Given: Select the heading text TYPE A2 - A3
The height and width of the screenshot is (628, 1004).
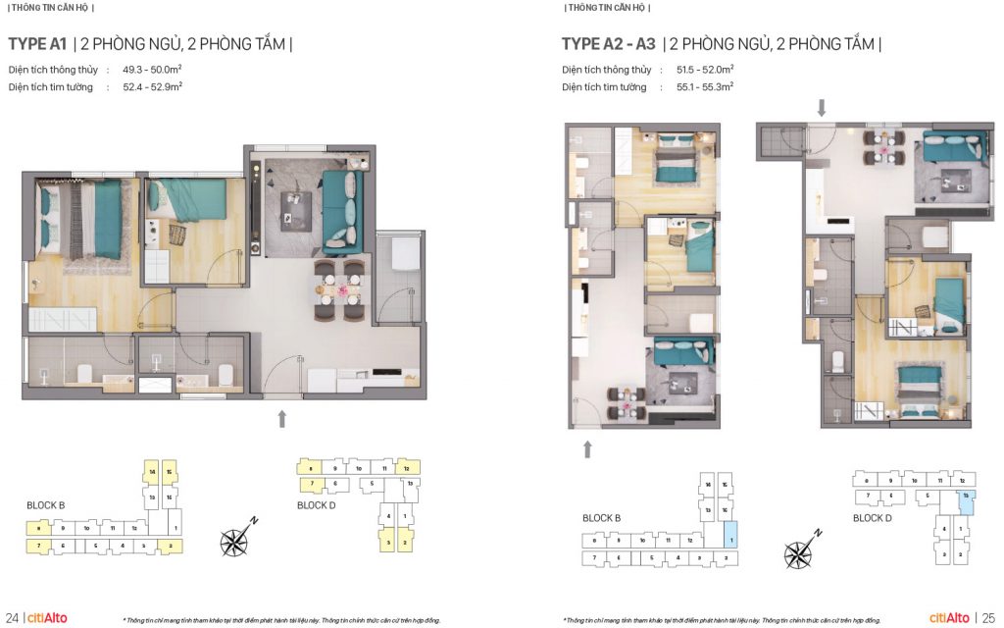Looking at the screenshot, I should (x=608, y=44).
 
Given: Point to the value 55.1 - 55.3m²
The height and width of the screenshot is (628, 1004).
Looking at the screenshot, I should (x=705, y=87).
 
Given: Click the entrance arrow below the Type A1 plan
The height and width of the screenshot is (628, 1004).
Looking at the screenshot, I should (x=281, y=419).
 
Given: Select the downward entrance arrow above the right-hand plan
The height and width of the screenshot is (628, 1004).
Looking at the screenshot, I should (x=822, y=107).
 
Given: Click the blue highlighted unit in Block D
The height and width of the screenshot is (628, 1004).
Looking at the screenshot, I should (x=966, y=497).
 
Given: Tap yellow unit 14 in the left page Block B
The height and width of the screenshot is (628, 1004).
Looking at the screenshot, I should (x=153, y=472).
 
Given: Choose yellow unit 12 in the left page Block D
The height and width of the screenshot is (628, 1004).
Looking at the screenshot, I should (x=405, y=469).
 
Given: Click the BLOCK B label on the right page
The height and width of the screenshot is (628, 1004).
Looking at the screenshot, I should (x=601, y=518).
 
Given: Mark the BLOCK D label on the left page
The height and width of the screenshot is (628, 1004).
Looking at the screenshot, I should (x=317, y=505).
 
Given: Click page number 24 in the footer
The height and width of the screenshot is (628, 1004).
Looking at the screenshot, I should (x=11, y=617).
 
